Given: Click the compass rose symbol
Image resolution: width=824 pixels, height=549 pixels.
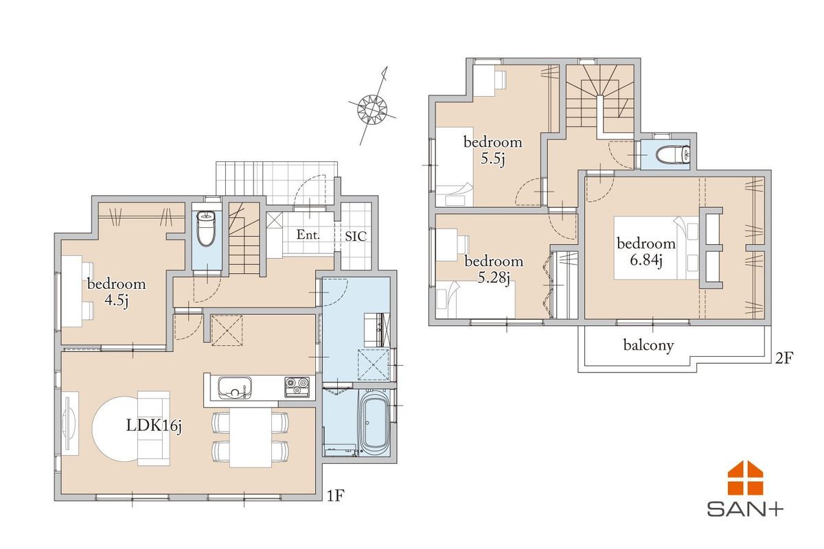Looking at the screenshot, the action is click(373, 108).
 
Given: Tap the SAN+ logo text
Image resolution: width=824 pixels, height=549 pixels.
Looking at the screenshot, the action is click(745, 509).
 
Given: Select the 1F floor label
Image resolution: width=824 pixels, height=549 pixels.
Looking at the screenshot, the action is click(335, 496).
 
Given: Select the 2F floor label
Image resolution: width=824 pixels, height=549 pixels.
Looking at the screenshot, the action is click(784, 358).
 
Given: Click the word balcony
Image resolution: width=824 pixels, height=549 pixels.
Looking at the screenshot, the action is click(648, 345).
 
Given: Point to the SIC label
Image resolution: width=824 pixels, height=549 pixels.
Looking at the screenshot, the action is click(356, 236).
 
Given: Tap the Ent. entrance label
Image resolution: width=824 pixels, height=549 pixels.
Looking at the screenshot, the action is click(308, 235).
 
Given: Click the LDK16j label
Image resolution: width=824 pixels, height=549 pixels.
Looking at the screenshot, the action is click(154, 426).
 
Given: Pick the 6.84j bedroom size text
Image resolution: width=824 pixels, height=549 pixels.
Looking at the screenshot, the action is click(646, 261).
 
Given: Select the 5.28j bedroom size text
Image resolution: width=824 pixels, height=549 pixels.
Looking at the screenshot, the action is click(494, 278).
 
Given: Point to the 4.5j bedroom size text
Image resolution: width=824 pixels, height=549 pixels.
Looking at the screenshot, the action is click(116, 301).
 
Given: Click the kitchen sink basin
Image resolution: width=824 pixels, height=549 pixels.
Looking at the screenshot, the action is click(235, 388).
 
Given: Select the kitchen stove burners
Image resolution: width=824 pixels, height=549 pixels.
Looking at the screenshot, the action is click(297, 386).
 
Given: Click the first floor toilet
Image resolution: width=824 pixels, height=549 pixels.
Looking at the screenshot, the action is click(207, 229).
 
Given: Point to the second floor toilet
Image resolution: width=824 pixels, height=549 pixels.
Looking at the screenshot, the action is click(673, 155).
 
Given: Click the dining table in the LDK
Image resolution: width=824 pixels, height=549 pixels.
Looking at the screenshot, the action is click(251, 437).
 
